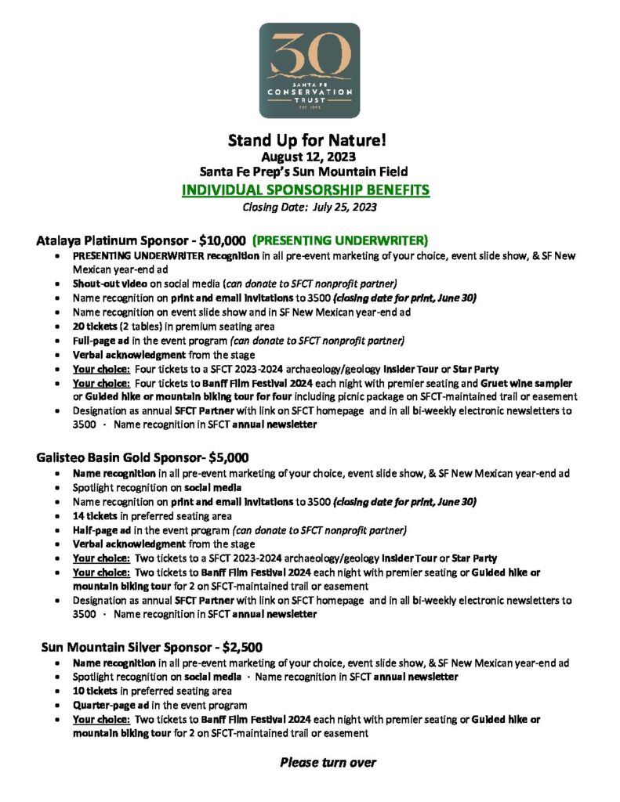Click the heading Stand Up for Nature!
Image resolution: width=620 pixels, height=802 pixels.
pos(309,141)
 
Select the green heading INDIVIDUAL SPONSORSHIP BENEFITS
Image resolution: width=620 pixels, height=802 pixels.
pos(309,190)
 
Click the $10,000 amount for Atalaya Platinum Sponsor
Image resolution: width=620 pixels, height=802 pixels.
pos(220,240)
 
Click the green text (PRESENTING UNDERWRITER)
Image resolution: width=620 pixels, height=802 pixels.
pos(339,240)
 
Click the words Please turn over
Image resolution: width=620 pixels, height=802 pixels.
pos(328,762)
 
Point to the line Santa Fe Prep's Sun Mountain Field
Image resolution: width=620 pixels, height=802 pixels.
pos(309,172)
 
